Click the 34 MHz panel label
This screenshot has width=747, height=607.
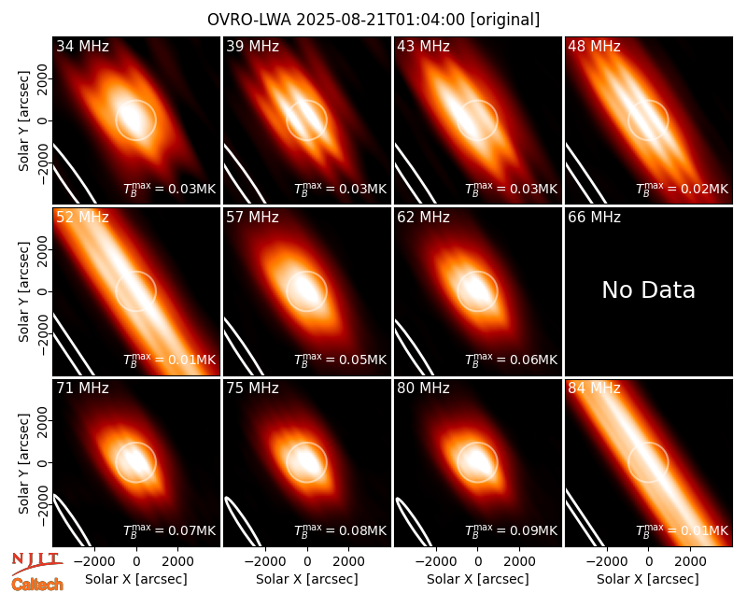82,46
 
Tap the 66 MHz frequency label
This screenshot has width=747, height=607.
594,218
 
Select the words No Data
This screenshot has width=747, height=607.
648,289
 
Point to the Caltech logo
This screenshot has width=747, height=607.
37,585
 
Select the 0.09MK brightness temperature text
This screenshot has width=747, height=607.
529,530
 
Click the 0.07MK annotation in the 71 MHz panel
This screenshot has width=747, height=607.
188,530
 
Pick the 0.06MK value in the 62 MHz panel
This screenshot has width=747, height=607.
529,360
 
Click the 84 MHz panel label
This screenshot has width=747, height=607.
594,388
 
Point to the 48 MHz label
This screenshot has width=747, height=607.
594,46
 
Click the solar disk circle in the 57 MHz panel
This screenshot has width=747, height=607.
307,271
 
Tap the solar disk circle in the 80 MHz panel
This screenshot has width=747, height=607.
477,442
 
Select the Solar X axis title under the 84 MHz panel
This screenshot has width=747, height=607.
648,579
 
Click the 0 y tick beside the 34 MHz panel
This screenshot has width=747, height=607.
43,120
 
